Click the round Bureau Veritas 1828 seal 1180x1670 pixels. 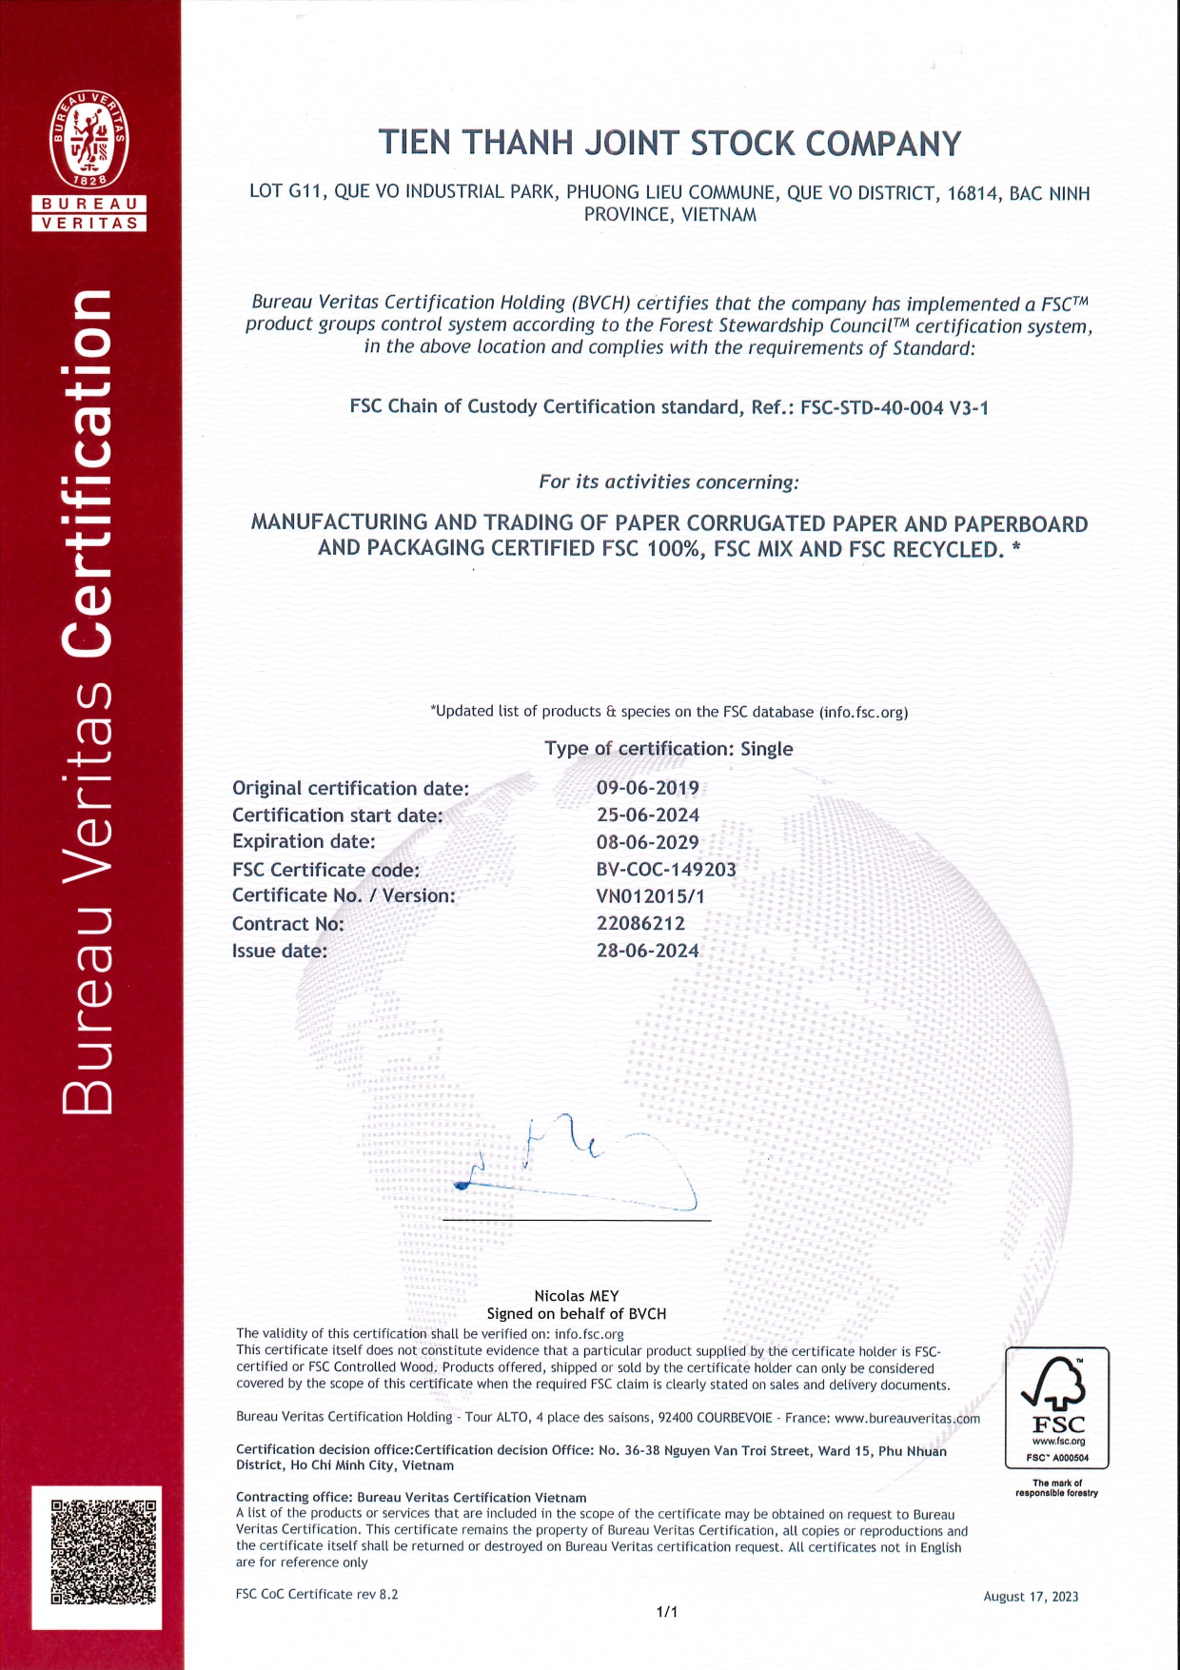(x=88, y=139)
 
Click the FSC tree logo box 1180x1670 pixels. (x=1056, y=1407)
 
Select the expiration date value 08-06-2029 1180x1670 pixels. (x=647, y=842)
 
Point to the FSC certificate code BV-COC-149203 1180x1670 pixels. (x=666, y=869)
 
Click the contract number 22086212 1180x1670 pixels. (x=640, y=923)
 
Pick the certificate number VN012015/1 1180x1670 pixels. (x=650, y=896)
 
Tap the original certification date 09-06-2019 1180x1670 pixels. (x=647, y=788)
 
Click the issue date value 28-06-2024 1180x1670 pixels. (x=647, y=951)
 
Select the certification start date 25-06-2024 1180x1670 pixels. (x=647, y=815)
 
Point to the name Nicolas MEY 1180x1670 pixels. (x=577, y=1296)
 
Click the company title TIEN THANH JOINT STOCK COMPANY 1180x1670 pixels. (x=670, y=144)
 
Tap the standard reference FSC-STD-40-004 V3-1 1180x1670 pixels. (x=895, y=408)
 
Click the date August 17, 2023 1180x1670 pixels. (x=1031, y=1597)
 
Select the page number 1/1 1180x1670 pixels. (x=667, y=1612)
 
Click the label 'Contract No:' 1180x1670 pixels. (x=287, y=924)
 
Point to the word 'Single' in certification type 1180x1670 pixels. (x=766, y=749)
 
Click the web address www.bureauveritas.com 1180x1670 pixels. (x=907, y=1418)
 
